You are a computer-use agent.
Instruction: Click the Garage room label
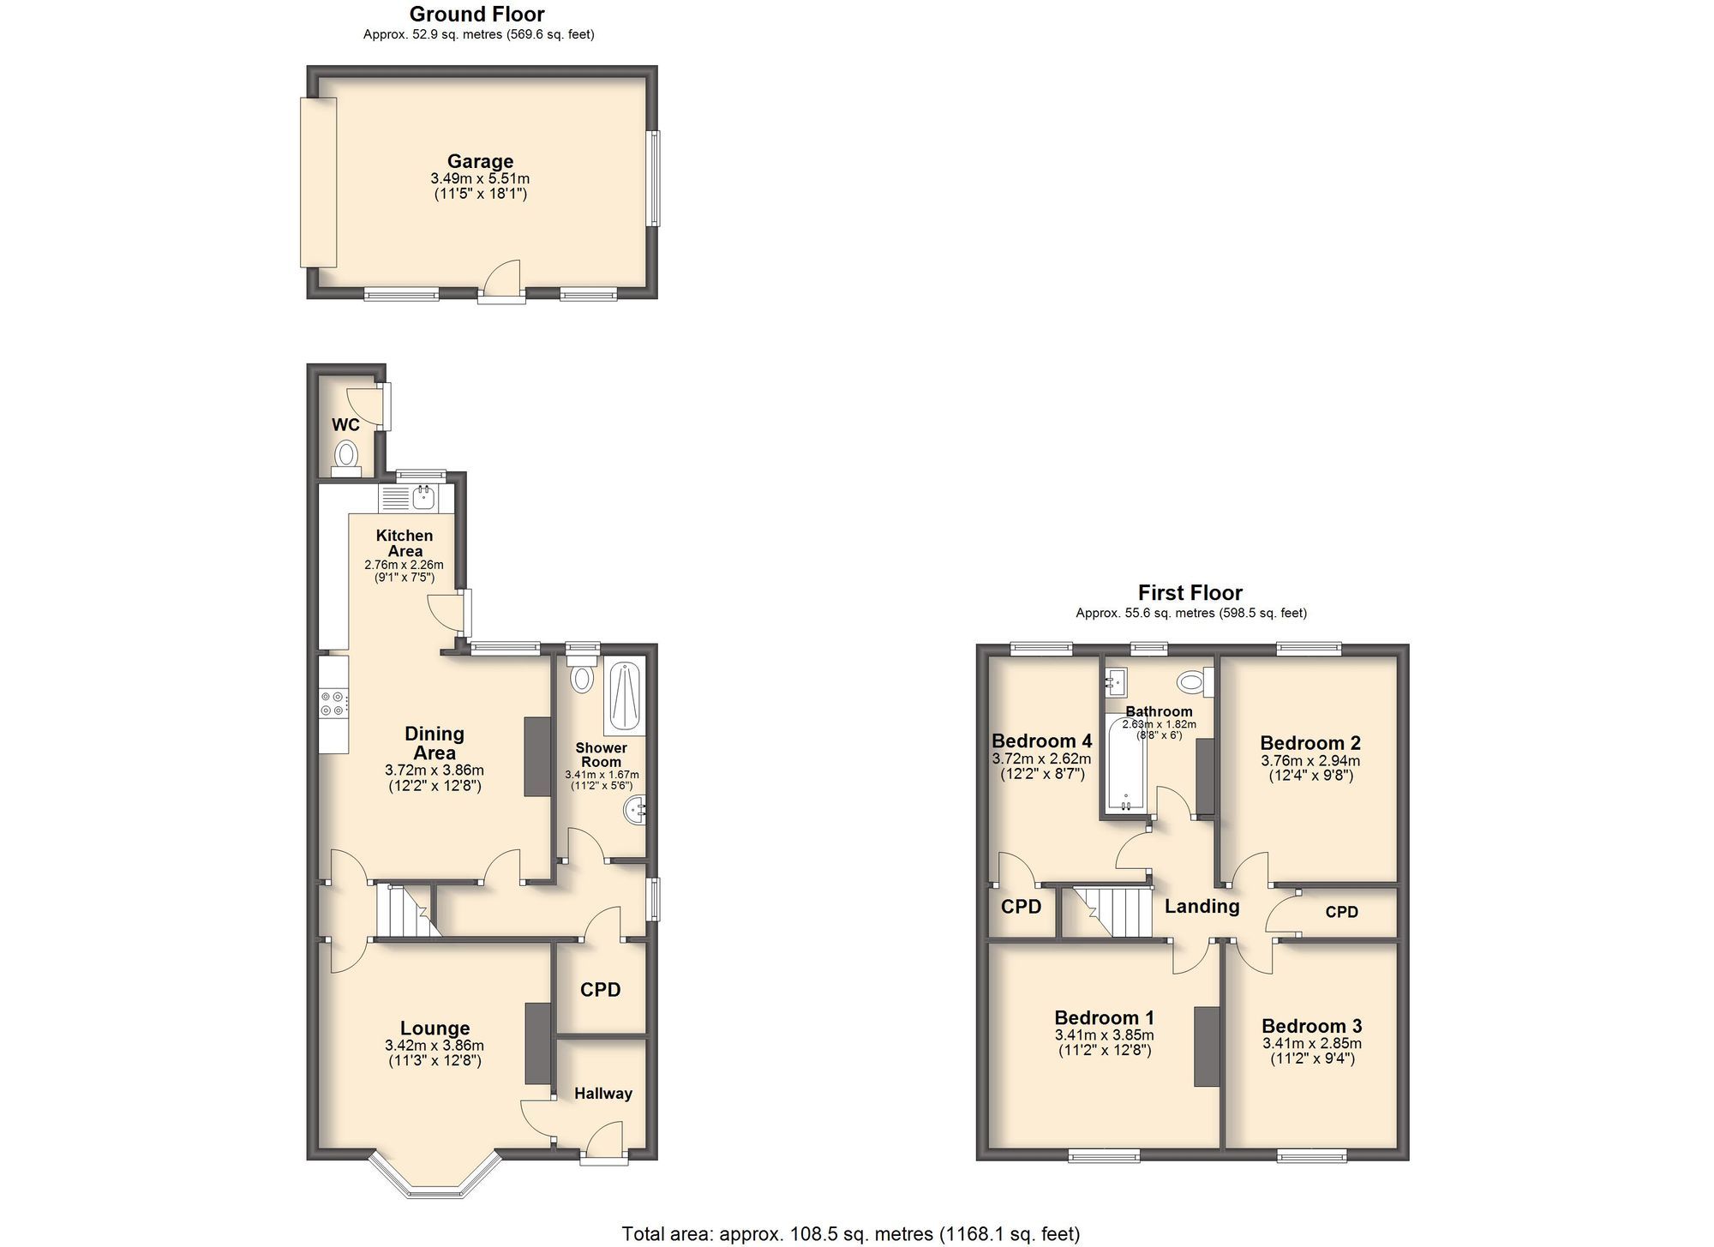click(480, 161)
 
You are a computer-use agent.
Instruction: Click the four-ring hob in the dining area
click(333, 704)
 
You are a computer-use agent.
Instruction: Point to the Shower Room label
click(601, 754)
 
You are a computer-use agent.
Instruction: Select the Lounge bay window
click(434, 1179)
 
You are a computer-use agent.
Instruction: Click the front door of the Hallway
click(603, 1147)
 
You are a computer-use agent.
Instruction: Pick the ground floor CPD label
click(600, 990)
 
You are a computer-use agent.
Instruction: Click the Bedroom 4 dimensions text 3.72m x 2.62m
click(1041, 758)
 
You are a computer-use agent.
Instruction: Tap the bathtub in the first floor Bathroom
click(1125, 764)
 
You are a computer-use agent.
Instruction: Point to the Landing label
click(1202, 907)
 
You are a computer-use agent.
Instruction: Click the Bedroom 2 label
click(1309, 743)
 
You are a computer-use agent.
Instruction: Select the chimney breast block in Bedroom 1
click(1206, 1046)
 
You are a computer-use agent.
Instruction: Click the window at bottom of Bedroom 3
click(1311, 1156)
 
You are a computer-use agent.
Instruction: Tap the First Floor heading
click(1190, 592)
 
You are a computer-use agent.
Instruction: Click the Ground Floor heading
click(476, 14)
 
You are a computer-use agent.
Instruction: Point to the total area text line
click(850, 1233)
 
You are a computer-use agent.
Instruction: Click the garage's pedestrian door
click(502, 283)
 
